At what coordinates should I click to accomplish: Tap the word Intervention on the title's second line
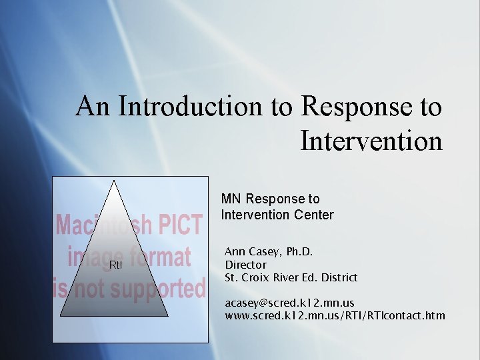click(x=371, y=141)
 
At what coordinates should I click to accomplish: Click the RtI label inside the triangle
click(x=115, y=265)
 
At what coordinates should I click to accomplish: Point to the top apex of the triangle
click(x=114, y=181)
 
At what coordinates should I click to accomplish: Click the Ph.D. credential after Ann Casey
click(x=298, y=252)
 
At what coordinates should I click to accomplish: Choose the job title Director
click(x=245, y=265)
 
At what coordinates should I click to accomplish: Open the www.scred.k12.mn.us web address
click(x=335, y=315)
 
